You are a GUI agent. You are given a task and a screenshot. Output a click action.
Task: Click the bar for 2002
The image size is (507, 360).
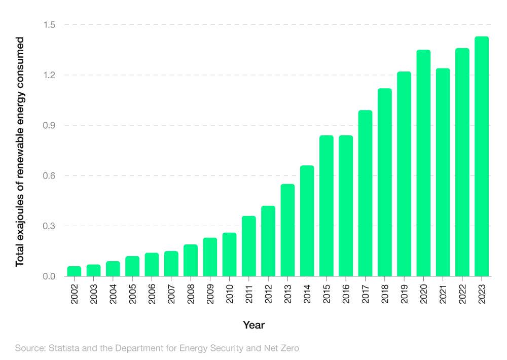coord(74,271)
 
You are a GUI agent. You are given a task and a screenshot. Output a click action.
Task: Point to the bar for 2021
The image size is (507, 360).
coord(443,172)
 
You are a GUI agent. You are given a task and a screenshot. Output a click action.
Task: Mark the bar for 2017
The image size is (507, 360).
coord(365,193)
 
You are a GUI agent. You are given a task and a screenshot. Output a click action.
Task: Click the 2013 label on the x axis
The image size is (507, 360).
coord(288,293)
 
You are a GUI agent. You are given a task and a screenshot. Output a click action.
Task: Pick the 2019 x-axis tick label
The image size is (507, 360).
coord(404,293)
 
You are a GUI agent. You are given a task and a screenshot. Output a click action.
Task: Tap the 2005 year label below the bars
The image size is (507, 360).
coord(133,293)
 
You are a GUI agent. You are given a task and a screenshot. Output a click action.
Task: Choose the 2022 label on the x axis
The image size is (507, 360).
coord(462,293)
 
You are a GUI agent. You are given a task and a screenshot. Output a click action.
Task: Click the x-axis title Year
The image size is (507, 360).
coord(253,325)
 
